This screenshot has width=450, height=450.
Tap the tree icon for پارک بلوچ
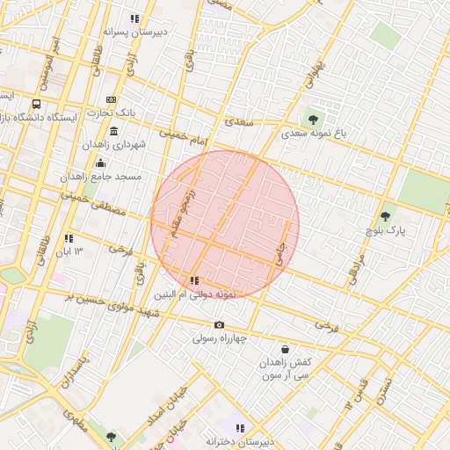tap(385, 216)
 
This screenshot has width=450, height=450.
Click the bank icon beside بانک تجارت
tap(111, 99)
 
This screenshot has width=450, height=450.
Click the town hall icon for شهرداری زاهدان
tap(114, 131)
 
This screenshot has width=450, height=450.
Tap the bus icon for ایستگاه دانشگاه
tap(36, 104)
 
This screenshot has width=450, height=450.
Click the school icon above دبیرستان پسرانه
tap(134, 18)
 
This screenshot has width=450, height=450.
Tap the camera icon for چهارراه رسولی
tap(219, 325)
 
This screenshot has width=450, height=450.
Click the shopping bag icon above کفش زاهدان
tap(285, 349)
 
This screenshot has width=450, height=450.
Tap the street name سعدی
tap(238, 122)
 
